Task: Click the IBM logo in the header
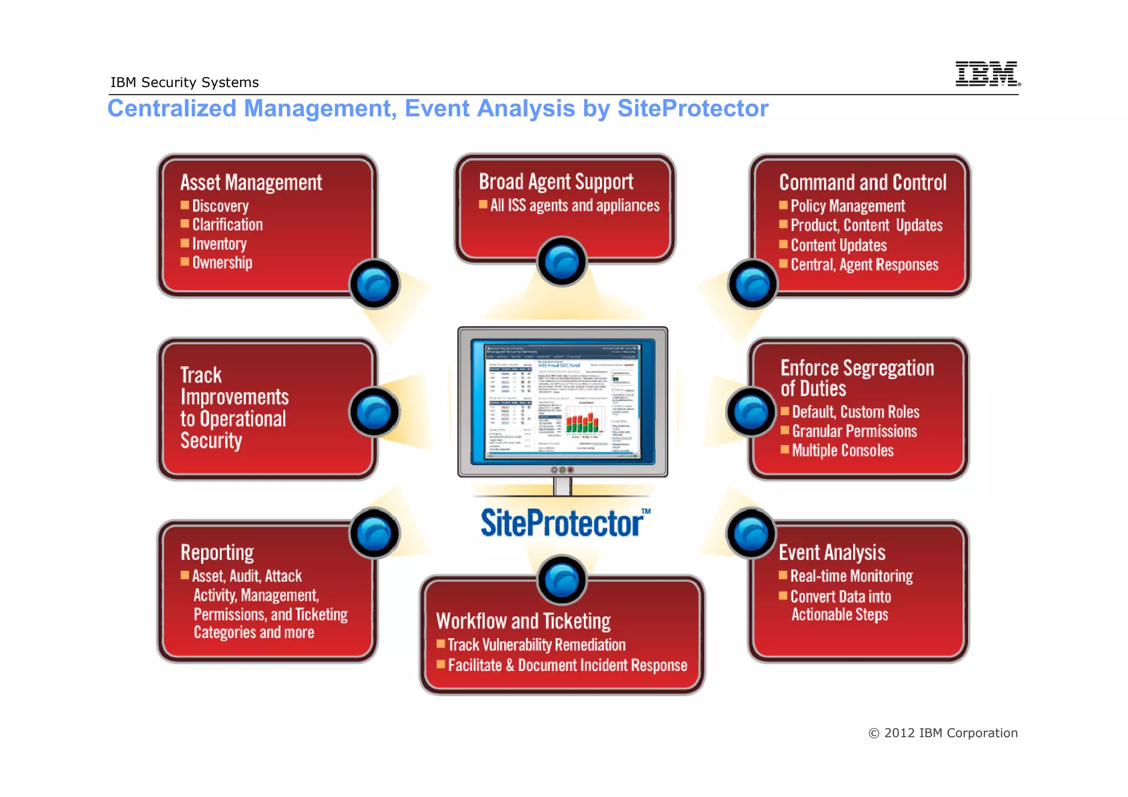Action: [987, 74]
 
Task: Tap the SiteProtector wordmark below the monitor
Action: [562, 523]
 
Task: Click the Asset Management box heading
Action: [251, 183]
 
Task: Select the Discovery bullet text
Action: [220, 206]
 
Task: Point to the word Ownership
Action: [222, 263]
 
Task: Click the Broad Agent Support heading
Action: [556, 182]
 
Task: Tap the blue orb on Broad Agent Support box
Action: [562, 261]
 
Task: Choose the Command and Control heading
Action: [863, 183]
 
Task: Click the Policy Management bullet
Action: [848, 206]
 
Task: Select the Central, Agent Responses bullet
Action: [864, 265]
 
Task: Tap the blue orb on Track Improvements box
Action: [375, 412]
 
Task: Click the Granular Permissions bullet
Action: [854, 431]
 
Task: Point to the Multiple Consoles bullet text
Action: [843, 451]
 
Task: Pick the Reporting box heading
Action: [217, 552]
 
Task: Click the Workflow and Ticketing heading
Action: [523, 621]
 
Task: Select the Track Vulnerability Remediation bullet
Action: [536, 645]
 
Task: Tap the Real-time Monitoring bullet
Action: [852, 576]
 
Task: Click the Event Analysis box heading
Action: [832, 552]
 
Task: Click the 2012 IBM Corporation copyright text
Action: [943, 733]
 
